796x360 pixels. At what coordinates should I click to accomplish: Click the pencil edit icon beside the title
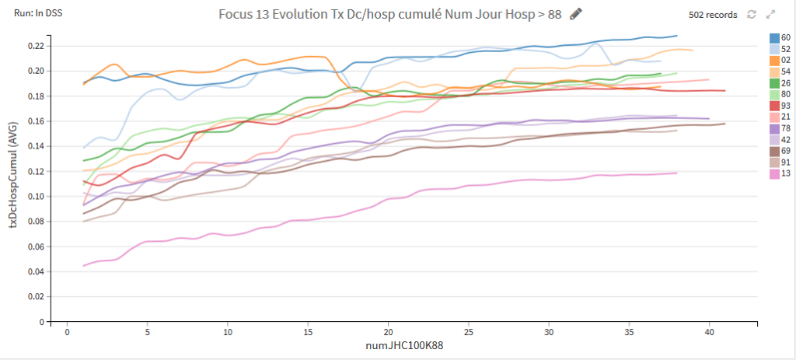click(576, 14)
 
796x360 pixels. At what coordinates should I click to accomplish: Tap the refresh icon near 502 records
click(752, 15)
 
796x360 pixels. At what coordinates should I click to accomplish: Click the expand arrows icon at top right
click(770, 15)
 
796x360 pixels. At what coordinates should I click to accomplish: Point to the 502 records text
click(713, 15)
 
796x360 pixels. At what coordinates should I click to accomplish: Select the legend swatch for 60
click(774, 38)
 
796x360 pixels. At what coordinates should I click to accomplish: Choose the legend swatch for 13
click(774, 174)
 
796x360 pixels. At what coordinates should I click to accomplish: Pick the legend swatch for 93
click(774, 106)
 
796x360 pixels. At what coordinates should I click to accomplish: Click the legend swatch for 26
click(774, 83)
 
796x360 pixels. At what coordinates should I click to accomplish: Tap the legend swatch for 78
click(774, 128)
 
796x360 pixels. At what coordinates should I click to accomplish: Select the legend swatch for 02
click(774, 61)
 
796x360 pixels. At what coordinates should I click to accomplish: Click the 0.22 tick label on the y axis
click(37, 46)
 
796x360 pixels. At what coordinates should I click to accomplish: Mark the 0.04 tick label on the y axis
click(37, 271)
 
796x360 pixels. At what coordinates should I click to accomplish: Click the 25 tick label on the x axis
click(469, 333)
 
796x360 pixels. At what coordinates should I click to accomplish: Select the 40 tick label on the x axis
click(709, 333)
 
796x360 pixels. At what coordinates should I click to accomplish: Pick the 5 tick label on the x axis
click(147, 333)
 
